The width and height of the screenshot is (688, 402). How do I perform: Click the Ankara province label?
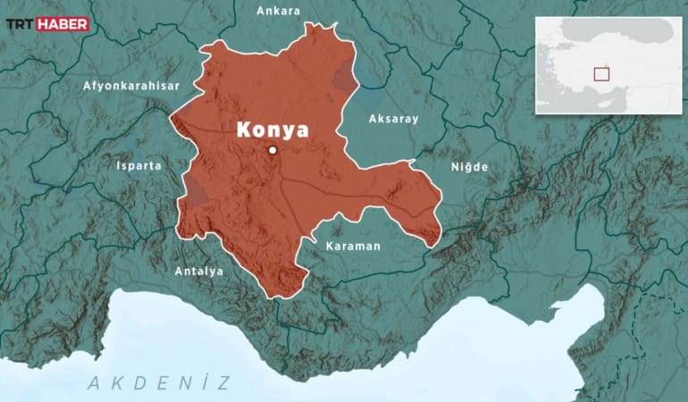point(278,11)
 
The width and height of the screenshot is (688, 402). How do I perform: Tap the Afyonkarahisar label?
point(131,86)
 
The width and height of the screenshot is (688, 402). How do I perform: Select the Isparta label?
point(139,165)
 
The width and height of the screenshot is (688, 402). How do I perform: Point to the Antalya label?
point(199,271)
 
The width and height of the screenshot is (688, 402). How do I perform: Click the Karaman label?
point(353,246)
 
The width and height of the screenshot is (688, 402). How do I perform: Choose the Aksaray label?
point(393,118)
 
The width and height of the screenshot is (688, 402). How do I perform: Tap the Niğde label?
point(469,167)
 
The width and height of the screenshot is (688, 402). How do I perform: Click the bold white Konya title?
point(273,130)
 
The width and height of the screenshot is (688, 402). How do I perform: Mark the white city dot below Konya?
point(273,150)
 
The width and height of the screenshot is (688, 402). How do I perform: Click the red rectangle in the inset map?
point(601,75)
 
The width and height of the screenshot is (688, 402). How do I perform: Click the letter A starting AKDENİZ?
point(93,384)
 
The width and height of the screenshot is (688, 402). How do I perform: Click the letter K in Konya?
point(243,130)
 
